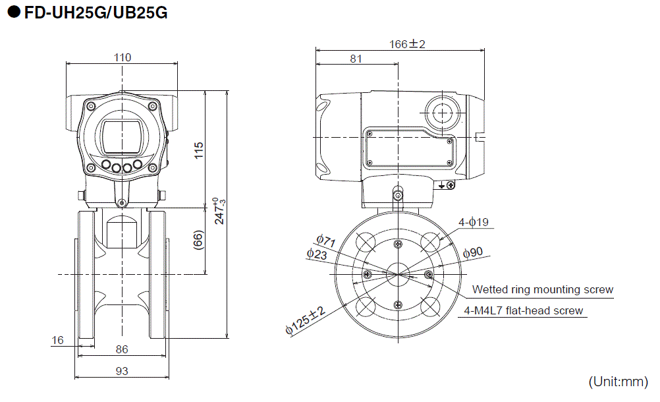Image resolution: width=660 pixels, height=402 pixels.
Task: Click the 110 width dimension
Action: (x=123, y=57)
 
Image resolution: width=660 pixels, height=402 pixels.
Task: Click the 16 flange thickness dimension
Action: (x=58, y=340)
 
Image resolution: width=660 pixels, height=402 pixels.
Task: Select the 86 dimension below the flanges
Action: (x=122, y=349)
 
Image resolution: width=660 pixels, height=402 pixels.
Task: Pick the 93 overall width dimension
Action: (x=122, y=371)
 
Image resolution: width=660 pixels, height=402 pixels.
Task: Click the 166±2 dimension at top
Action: (x=407, y=44)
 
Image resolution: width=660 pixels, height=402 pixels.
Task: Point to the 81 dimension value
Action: (x=356, y=59)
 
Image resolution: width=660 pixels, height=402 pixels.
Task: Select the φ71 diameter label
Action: (x=325, y=241)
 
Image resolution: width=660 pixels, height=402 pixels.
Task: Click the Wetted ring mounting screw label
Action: (x=542, y=289)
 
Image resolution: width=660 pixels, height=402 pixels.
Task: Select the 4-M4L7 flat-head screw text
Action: (x=524, y=310)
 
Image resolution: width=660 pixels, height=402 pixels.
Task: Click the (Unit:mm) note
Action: (x=618, y=382)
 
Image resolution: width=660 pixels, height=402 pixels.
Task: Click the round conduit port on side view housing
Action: (x=441, y=113)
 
